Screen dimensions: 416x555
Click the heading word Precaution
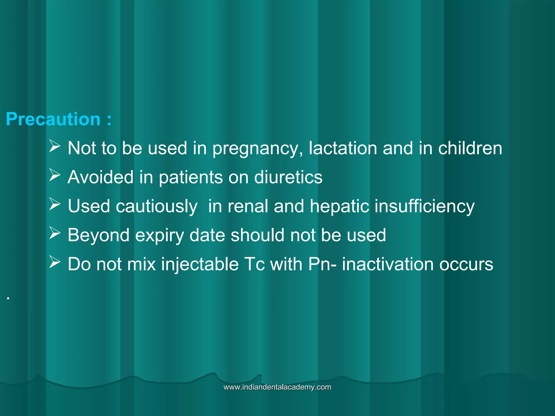(x=53, y=119)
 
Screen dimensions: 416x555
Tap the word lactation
(x=343, y=148)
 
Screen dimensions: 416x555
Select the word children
(x=470, y=148)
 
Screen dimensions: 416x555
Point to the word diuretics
(x=288, y=177)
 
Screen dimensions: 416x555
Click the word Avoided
(x=101, y=177)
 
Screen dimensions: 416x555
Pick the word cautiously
(x=157, y=206)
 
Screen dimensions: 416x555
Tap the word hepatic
(x=339, y=206)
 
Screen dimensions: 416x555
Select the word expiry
(x=160, y=235)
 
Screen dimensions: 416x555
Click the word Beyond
(x=99, y=235)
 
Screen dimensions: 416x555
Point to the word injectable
(x=200, y=264)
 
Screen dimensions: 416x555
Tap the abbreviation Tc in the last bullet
(x=254, y=264)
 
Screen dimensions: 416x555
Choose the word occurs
(x=466, y=264)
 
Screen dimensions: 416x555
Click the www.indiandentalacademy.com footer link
(x=277, y=387)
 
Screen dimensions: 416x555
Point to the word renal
(x=248, y=206)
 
